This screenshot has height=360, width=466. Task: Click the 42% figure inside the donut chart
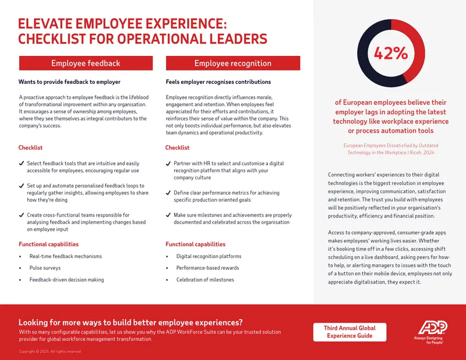(x=391, y=53)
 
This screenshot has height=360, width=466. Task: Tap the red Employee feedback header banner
(x=86, y=63)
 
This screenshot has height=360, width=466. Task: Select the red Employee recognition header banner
(x=233, y=63)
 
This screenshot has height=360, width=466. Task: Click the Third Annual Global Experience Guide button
(x=350, y=332)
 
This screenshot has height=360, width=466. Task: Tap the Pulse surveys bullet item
(x=45, y=268)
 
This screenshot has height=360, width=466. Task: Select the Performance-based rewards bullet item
(x=207, y=268)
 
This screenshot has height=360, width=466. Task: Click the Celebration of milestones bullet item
(x=205, y=280)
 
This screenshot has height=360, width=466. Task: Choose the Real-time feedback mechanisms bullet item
(x=65, y=256)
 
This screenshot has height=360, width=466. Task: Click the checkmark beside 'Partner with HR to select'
(x=168, y=164)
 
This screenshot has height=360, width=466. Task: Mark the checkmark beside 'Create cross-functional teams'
(x=22, y=215)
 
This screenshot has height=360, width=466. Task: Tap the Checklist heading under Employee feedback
(x=30, y=147)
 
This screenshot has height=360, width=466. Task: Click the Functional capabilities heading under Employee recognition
(x=196, y=244)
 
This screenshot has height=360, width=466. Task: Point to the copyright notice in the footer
(x=50, y=351)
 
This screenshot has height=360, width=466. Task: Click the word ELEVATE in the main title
(x=45, y=24)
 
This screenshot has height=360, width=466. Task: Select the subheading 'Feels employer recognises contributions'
(x=218, y=82)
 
